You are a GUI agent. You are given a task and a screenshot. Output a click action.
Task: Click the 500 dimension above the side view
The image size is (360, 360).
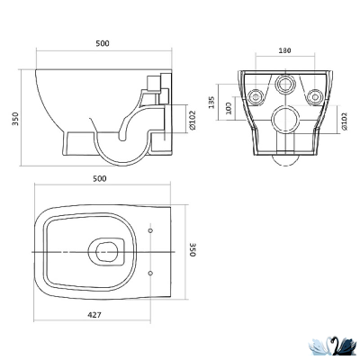tap(103, 43)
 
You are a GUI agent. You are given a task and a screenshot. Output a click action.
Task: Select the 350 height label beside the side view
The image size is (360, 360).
tap(15, 119)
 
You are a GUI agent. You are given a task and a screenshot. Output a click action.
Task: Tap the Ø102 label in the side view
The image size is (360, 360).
tap(193, 121)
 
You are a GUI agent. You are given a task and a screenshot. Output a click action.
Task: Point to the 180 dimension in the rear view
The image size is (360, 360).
tap(284, 50)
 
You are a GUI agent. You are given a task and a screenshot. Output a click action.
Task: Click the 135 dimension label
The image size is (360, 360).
tap(211, 103)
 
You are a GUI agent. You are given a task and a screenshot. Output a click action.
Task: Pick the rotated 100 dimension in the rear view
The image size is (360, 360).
tap(229, 108)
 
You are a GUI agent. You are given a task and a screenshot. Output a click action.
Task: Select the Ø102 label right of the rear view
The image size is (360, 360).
tap(344, 121)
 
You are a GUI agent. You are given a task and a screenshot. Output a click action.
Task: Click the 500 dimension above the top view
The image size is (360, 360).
tap(100, 179)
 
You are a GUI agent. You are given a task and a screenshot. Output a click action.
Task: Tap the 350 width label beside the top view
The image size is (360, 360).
tap(193, 249)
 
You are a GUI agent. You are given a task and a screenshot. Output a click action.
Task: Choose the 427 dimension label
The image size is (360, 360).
tap(94, 315)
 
